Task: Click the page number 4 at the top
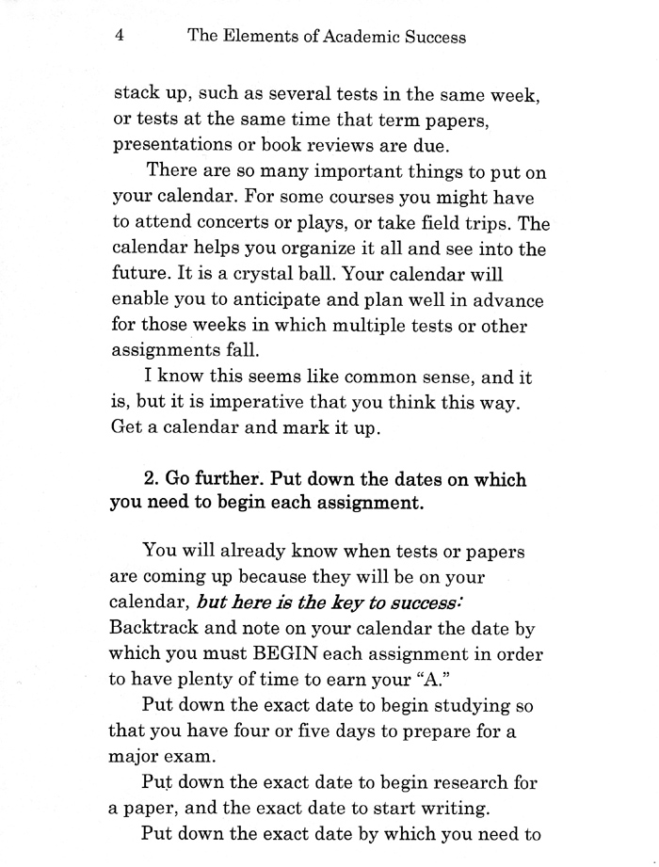click(120, 37)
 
